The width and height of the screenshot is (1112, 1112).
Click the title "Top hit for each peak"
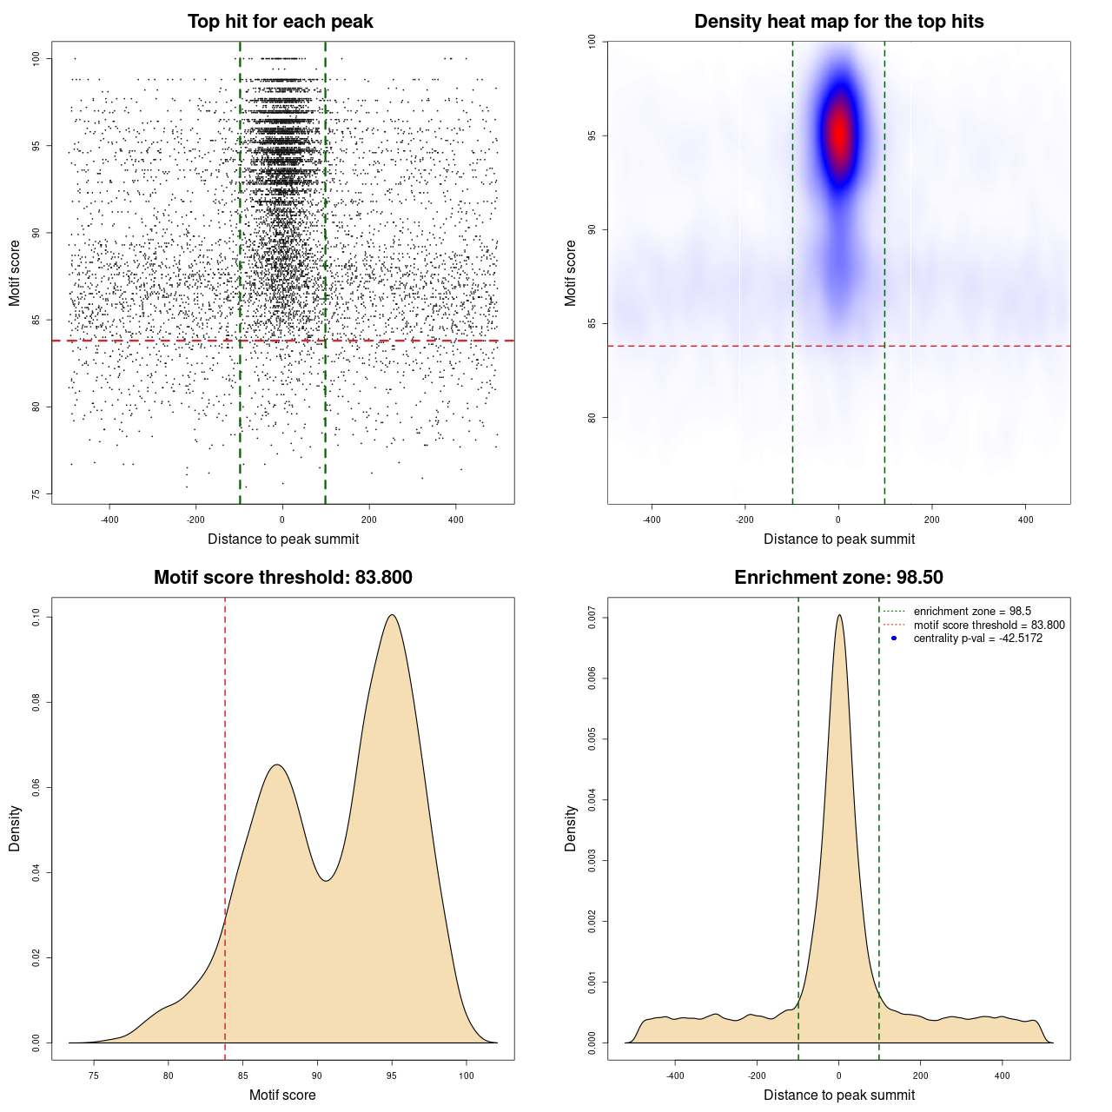click(x=280, y=22)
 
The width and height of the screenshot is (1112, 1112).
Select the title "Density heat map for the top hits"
click(x=838, y=22)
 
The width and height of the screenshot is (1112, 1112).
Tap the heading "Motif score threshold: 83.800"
click(x=282, y=578)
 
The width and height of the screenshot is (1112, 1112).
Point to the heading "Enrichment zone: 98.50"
click(x=838, y=578)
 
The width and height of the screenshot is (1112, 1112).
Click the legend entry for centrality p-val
click(x=977, y=639)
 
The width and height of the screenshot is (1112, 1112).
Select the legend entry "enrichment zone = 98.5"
click(x=971, y=612)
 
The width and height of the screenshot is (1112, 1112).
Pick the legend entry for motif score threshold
click(x=989, y=625)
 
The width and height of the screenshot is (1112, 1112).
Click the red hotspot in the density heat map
click(x=839, y=135)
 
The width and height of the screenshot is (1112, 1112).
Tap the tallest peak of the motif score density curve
click(x=393, y=615)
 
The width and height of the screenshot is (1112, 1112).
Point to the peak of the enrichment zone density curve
click(x=839, y=615)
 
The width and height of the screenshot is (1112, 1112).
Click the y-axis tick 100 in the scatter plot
click(x=36, y=58)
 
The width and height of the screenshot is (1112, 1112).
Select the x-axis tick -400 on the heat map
click(x=652, y=520)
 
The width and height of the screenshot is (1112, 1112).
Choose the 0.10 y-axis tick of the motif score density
click(x=36, y=618)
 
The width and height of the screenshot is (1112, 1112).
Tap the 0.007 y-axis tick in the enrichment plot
click(x=592, y=618)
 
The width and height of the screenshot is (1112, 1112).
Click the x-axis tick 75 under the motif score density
click(x=94, y=1076)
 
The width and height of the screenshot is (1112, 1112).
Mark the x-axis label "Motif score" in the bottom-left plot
click(x=282, y=1095)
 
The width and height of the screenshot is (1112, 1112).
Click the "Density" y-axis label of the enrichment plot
click(x=571, y=828)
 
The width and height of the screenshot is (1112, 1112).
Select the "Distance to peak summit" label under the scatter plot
click(x=283, y=539)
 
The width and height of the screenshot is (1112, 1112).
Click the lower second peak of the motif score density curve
click(x=276, y=764)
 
